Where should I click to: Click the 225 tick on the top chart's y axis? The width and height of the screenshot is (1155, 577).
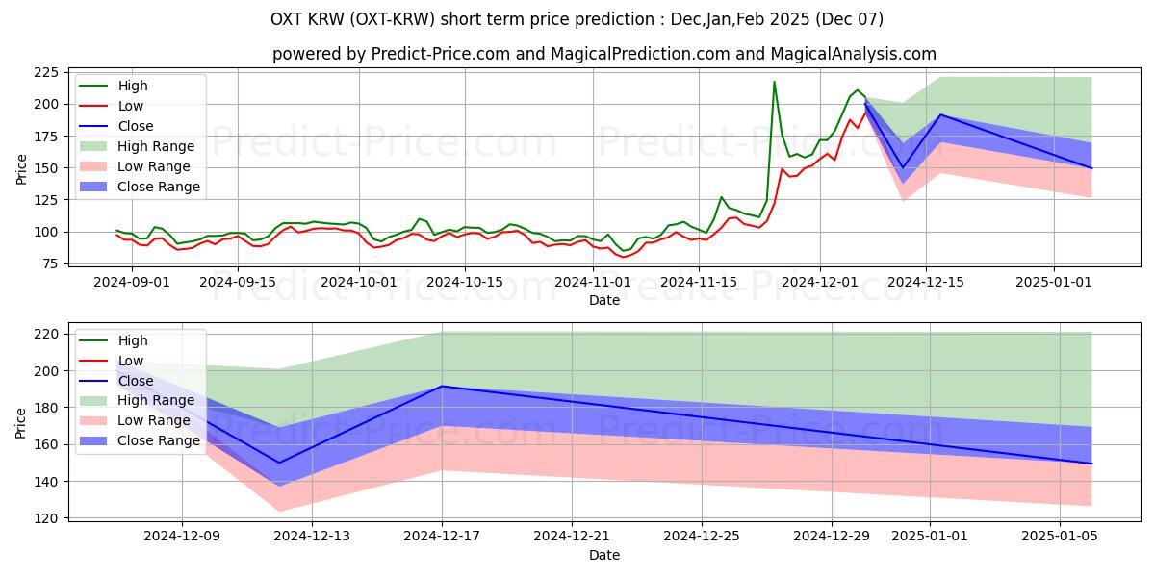[46, 72]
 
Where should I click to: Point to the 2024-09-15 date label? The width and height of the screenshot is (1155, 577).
[238, 283]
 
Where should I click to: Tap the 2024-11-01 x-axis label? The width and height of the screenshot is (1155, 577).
[593, 283]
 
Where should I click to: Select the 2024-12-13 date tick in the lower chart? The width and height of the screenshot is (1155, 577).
[312, 537]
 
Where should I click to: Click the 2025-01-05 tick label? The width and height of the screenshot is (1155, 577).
[1060, 537]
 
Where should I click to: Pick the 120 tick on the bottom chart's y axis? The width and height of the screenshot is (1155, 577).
[46, 518]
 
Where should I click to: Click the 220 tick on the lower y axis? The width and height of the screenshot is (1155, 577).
[46, 334]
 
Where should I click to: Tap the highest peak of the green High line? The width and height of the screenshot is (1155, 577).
[774, 82]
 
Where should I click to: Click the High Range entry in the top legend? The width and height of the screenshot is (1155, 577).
[137, 146]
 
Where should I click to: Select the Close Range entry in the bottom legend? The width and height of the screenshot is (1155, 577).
[140, 441]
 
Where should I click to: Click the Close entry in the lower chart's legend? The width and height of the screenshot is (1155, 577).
[116, 381]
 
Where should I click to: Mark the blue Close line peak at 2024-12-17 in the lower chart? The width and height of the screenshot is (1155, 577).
[442, 386]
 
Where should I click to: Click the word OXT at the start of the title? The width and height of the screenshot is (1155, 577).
[286, 19]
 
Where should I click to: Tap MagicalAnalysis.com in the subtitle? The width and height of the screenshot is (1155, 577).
[854, 54]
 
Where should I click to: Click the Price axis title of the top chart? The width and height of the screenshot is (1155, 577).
[21, 169]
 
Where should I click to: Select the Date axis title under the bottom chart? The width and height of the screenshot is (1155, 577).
[604, 555]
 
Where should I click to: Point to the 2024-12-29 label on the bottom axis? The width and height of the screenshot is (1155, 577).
[832, 537]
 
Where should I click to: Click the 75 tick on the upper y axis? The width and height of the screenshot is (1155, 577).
[50, 263]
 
